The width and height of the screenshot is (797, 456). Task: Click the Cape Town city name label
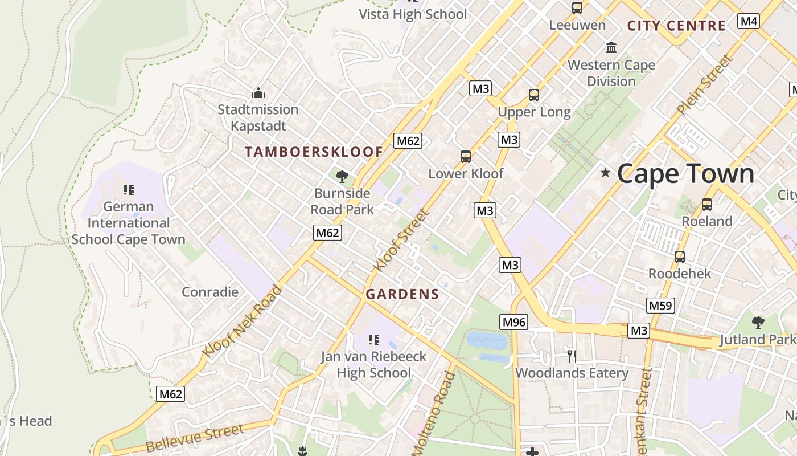(685, 173)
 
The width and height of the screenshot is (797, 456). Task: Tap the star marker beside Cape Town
(605, 172)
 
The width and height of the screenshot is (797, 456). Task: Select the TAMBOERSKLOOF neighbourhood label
(314, 152)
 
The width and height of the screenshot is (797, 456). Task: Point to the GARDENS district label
(402, 294)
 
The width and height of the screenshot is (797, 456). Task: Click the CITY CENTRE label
(676, 26)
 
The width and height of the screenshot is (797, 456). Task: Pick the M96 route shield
(514, 322)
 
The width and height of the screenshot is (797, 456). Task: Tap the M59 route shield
(660, 305)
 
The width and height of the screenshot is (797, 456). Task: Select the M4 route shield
(749, 22)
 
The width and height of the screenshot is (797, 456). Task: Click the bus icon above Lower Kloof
(466, 157)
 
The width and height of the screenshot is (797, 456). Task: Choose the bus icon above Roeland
(706, 205)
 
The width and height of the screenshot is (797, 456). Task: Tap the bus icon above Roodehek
(679, 257)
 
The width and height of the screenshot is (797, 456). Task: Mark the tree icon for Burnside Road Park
(342, 176)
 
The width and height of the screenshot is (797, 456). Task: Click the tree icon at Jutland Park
(758, 323)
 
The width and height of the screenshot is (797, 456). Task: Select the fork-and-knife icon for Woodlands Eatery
(572, 356)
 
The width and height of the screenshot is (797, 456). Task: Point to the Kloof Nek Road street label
(242, 322)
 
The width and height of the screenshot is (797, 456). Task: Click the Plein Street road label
(704, 84)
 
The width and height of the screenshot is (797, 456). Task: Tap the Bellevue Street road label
(195, 438)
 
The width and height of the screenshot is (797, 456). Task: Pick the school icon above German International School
(128, 189)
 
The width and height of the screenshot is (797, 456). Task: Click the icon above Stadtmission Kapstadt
(258, 93)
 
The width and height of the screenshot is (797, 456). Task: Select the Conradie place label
(210, 292)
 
